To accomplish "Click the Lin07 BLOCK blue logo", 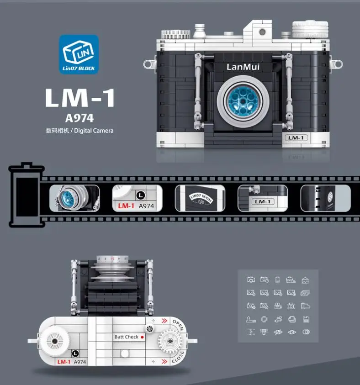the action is pos(79,54).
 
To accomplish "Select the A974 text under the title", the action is pos(79,118).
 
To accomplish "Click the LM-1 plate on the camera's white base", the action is pos(296,137).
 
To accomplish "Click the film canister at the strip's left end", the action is pos(26,195).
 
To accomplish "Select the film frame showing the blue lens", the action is pos(74,198).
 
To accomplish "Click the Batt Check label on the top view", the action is pos(127,337).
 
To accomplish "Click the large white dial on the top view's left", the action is pos(54,340).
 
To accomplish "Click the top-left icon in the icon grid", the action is pos(251,280).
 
